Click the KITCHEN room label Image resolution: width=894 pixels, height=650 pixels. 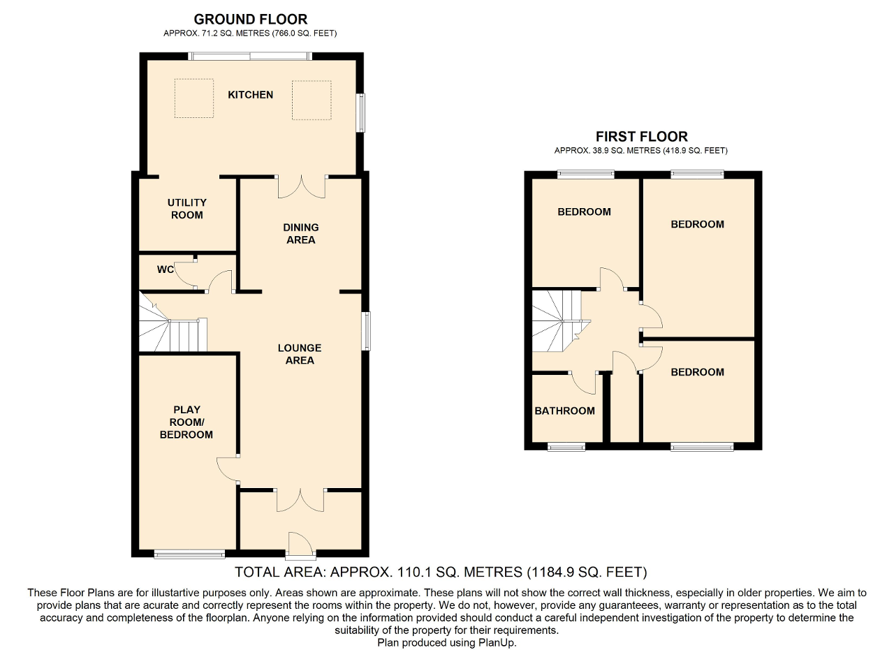coord(250,95)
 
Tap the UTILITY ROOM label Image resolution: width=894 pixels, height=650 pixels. coord(186,209)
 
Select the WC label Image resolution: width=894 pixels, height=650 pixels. coord(166,269)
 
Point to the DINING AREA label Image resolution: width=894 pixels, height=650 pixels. coord(301,233)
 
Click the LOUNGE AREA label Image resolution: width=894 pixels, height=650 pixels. coord(300,354)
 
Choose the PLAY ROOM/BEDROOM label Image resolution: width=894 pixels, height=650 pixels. coord(186,422)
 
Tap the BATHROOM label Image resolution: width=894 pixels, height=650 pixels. coord(565,411)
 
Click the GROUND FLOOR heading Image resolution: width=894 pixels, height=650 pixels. coord(251,19)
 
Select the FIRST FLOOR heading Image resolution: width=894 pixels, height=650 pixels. coord(642,137)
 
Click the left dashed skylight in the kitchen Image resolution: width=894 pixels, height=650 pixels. coord(194,98)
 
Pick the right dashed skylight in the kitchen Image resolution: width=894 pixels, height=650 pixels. coord(312,100)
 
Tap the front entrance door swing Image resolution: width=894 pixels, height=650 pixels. coord(300,543)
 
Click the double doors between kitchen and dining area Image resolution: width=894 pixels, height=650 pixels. coord(301,186)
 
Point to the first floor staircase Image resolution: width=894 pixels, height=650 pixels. coord(562,321)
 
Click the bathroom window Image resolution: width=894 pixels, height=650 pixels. coord(566,447)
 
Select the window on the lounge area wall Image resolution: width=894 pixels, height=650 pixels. coord(366,331)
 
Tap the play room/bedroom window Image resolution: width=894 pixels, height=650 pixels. coord(189,554)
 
